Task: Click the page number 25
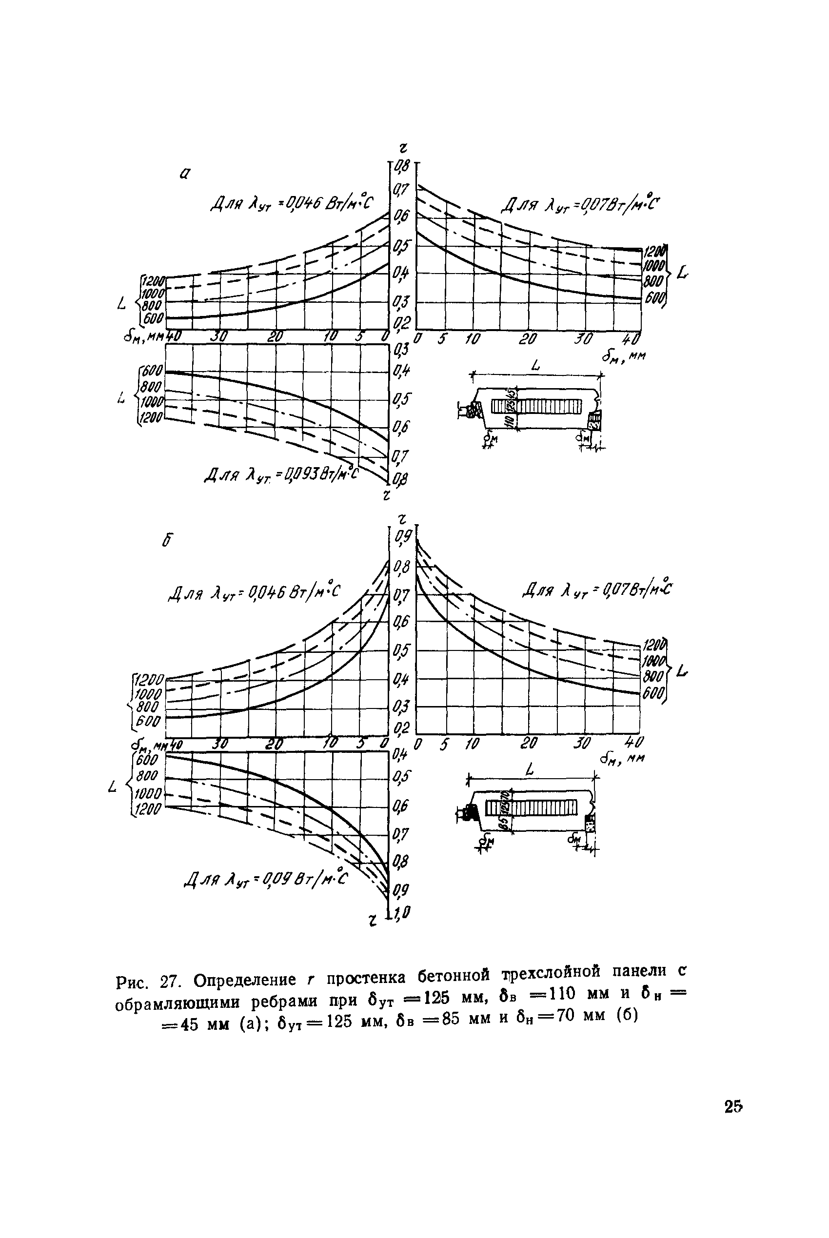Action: [x=733, y=1106]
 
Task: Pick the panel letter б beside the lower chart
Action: [x=168, y=540]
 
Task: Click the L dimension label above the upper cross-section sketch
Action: [x=536, y=365]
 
